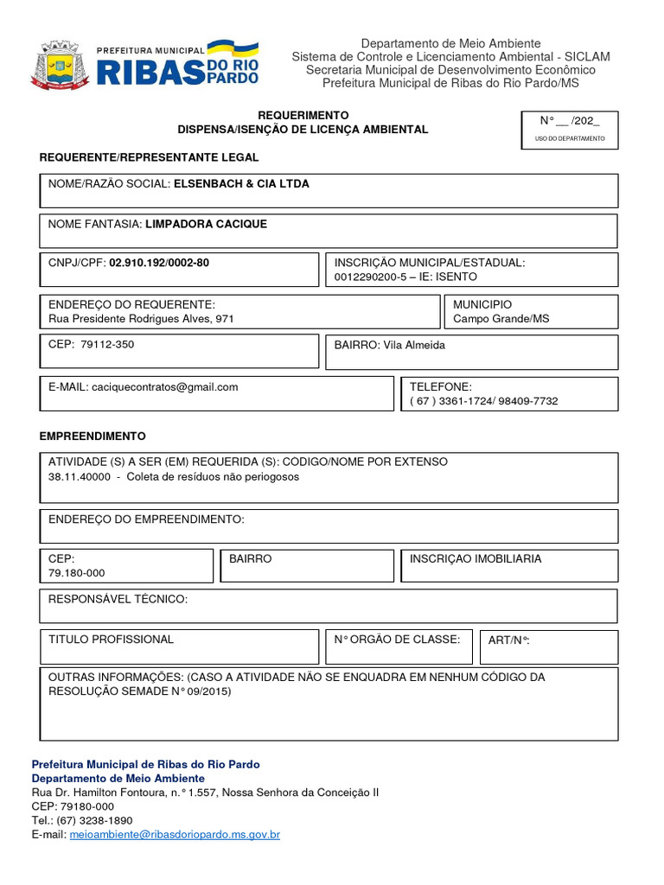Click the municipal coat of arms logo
tap(60, 65)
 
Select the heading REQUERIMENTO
tap(303, 115)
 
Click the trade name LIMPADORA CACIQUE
tap(206, 224)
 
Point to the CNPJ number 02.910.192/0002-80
tap(159, 263)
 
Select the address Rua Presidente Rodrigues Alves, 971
tap(141, 318)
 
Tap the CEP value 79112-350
tap(107, 345)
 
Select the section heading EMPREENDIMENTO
tap(93, 436)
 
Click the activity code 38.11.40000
tap(80, 477)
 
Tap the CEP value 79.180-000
tap(77, 573)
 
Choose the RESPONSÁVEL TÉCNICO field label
tap(118, 599)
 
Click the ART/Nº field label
tap(508, 640)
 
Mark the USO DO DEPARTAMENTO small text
tap(570, 138)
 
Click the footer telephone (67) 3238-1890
tap(95, 820)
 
